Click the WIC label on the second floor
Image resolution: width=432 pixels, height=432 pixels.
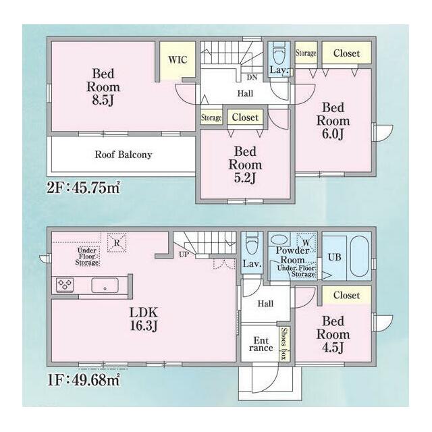click(178, 60)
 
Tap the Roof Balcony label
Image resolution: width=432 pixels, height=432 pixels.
click(124, 155)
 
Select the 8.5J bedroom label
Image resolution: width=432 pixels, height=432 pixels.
click(103, 87)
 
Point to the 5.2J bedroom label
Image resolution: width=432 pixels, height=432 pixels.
click(245, 165)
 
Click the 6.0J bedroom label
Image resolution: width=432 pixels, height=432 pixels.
click(333, 121)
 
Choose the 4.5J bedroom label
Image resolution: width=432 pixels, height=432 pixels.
click(333, 334)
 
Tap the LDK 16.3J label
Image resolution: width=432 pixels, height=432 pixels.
click(144, 319)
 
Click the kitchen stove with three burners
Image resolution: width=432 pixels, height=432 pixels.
click(65, 285)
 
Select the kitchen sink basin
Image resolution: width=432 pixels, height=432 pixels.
click(105, 286)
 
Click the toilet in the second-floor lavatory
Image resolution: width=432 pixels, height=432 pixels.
click(279, 54)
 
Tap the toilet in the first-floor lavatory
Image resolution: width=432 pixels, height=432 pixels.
click(252, 244)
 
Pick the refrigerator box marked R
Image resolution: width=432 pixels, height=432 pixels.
click(117, 242)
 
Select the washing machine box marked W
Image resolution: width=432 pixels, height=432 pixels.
click(306, 242)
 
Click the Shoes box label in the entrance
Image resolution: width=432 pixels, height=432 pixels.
click(284, 344)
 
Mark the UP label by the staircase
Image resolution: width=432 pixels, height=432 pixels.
click(184, 254)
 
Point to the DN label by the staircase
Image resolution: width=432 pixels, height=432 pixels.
click(252, 78)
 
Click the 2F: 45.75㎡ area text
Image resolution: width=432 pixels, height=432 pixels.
click(84, 188)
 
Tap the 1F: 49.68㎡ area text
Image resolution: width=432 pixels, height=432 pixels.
click(84, 380)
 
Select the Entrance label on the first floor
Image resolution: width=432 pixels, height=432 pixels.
click(261, 344)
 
